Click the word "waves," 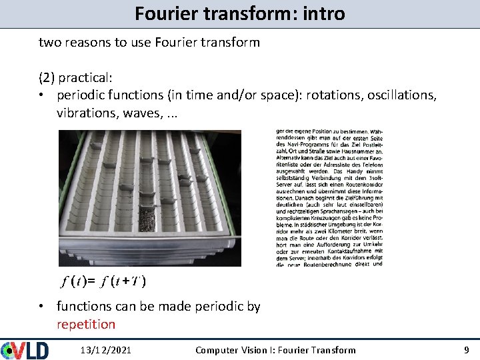(x=142, y=113)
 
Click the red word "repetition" (x=86, y=325)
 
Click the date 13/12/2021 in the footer (x=105, y=350)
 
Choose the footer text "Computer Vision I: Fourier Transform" (x=275, y=350)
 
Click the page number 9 (x=466, y=350)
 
